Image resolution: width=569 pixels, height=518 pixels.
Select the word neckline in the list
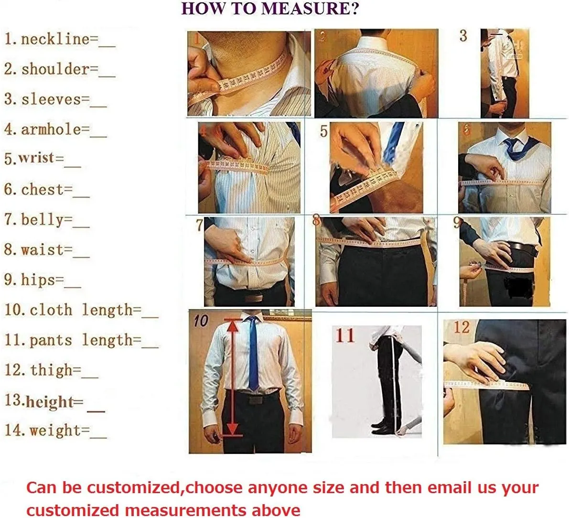pyautogui.click(x=55, y=39)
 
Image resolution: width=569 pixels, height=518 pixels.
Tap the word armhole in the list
pyautogui.click(x=51, y=129)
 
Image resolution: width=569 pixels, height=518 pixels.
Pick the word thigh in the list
pyautogui.click(x=51, y=370)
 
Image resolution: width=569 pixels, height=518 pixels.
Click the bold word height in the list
pyautogui.click(x=50, y=402)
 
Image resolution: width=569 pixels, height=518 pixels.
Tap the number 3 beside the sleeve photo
pyautogui.click(x=463, y=35)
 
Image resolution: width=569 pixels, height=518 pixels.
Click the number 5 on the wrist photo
pyautogui.click(x=323, y=131)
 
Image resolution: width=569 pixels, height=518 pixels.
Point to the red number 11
pyautogui.click(x=345, y=335)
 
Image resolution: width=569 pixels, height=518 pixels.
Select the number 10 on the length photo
pyautogui.click(x=201, y=321)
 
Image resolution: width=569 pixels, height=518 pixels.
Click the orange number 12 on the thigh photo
pyautogui.click(x=462, y=327)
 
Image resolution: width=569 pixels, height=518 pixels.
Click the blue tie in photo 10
pyautogui.click(x=253, y=352)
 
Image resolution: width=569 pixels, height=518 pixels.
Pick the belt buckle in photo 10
pyautogui.click(x=254, y=400)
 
